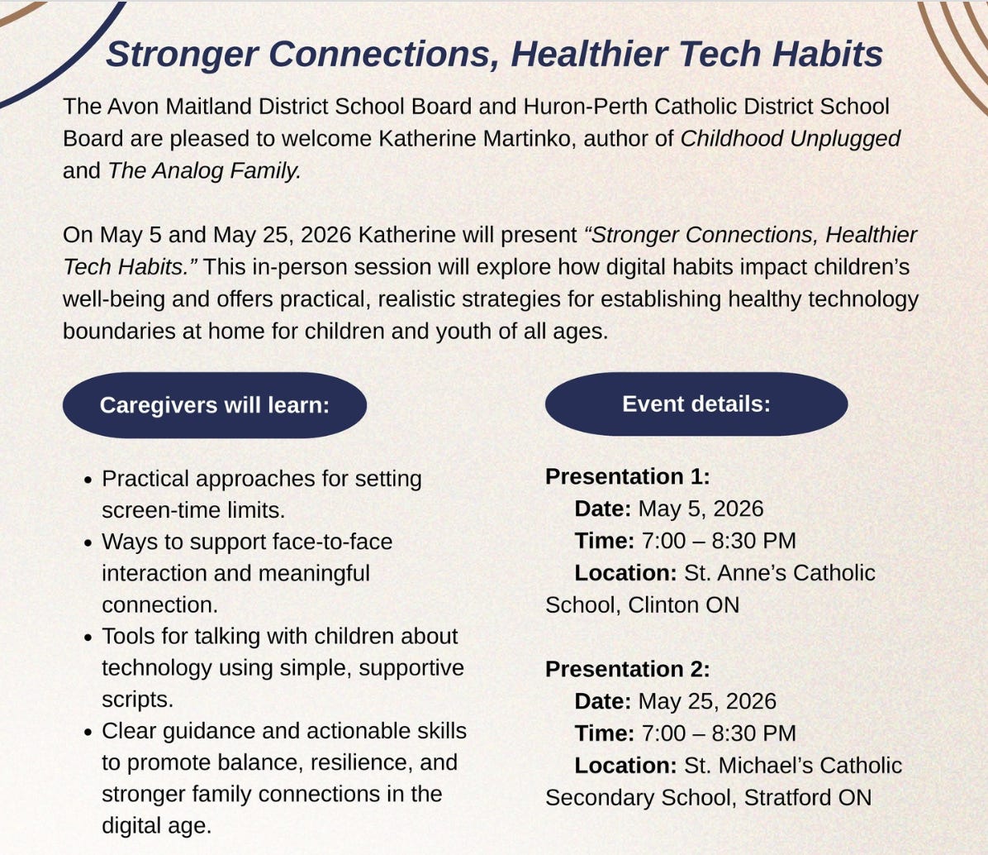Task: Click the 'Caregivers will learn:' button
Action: (x=214, y=405)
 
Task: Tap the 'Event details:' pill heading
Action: (x=696, y=404)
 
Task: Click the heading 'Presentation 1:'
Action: (x=628, y=476)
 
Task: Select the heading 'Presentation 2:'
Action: (x=628, y=669)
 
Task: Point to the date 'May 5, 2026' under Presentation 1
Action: (x=701, y=509)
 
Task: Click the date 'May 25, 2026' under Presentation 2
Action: (x=707, y=701)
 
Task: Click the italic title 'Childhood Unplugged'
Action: (x=790, y=139)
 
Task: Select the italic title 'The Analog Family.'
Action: (x=204, y=171)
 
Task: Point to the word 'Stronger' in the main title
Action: (x=182, y=55)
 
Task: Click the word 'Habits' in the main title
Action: (x=827, y=54)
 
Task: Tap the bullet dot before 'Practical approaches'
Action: (x=88, y=480)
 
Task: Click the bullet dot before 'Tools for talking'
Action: (x=88, y=638)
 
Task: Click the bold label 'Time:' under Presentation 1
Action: (x=604, y=541)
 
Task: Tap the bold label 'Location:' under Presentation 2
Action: (x=625, y=766)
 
